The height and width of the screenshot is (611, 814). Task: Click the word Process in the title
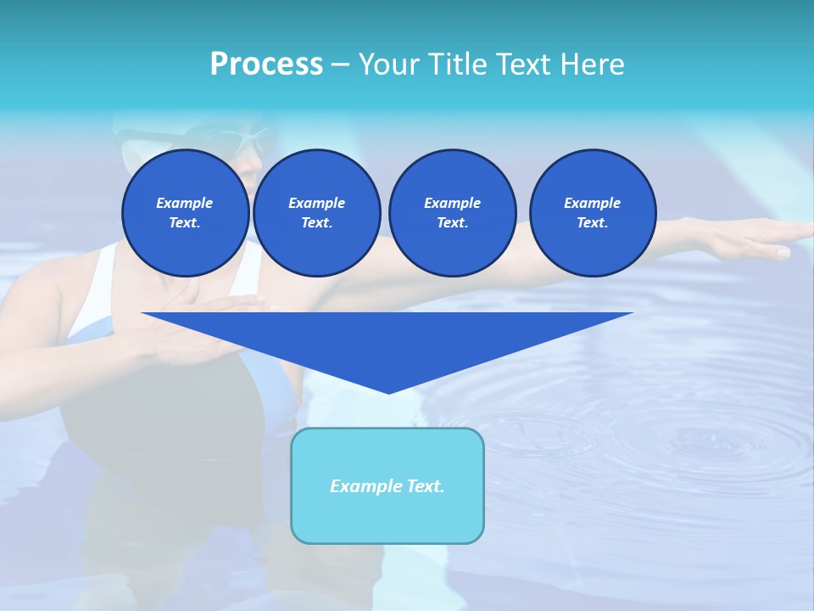point(266,64)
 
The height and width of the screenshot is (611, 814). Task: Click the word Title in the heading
point(458,64)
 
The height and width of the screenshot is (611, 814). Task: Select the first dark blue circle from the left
point(185,213)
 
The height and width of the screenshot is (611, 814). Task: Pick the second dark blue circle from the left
point(316,213)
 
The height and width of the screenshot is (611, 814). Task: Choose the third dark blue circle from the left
point(452,213)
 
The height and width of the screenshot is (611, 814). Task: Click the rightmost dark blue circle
point(592,213)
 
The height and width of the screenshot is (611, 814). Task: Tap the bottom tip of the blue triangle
point(388,391)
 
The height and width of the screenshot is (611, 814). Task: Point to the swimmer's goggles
point(246,140)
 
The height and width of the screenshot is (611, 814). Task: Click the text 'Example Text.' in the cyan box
point(387,486)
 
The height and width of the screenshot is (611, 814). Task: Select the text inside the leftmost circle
point(185,213)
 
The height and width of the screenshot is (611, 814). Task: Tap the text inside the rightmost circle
point(592,213)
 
